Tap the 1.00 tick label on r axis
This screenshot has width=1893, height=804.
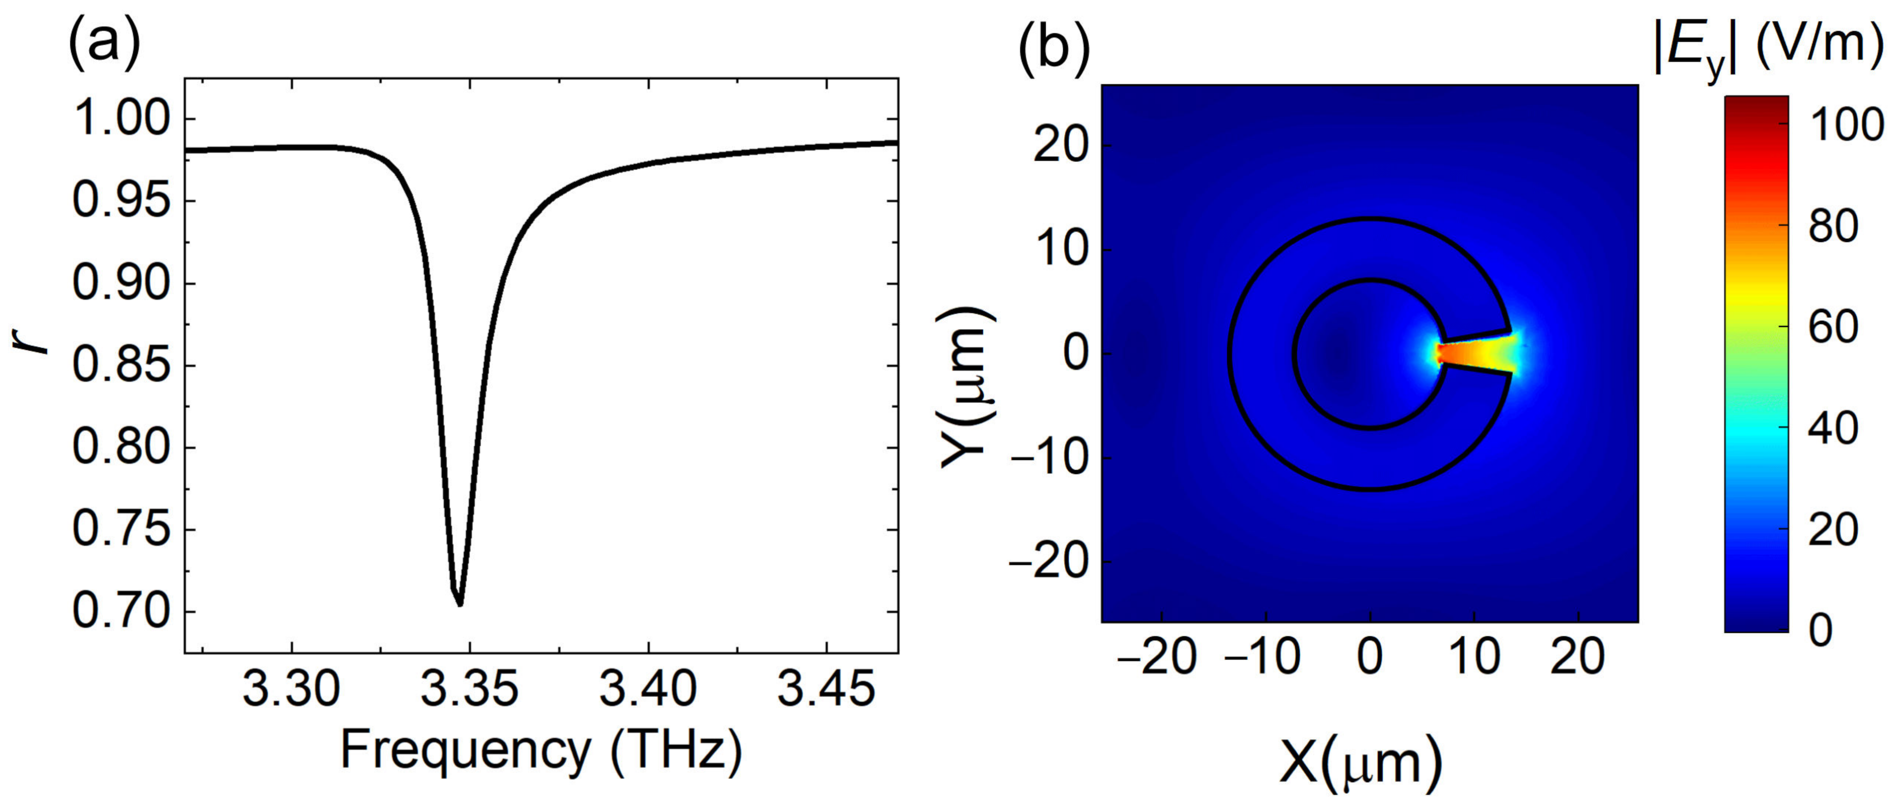point(121,119)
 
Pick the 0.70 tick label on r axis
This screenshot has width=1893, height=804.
point(121,611)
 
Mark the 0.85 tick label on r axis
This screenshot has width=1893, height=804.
point(121,365)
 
